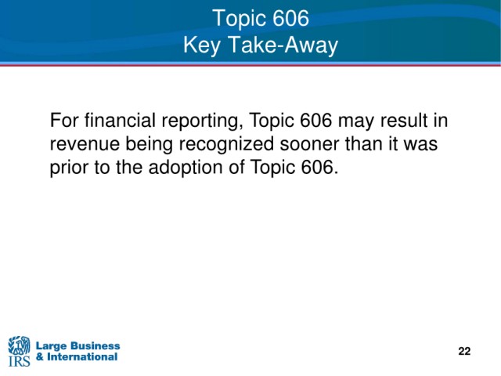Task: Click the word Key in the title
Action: tap(202, 45)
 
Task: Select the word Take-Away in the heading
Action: tap(283, 45)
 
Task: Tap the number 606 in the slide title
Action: tap(290, 18)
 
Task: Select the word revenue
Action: tap(85, 145)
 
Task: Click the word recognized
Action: tap(226, 145)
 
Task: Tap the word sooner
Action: tap(309, 145)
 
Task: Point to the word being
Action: tap(150, 145)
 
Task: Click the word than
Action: tap(363, 143)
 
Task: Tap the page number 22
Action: tap(464, 351)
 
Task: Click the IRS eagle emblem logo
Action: tap(19, 351)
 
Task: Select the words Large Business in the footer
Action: tap(78, 345)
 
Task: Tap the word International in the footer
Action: tap(82, 356)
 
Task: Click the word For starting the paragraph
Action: tap(64, 120)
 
